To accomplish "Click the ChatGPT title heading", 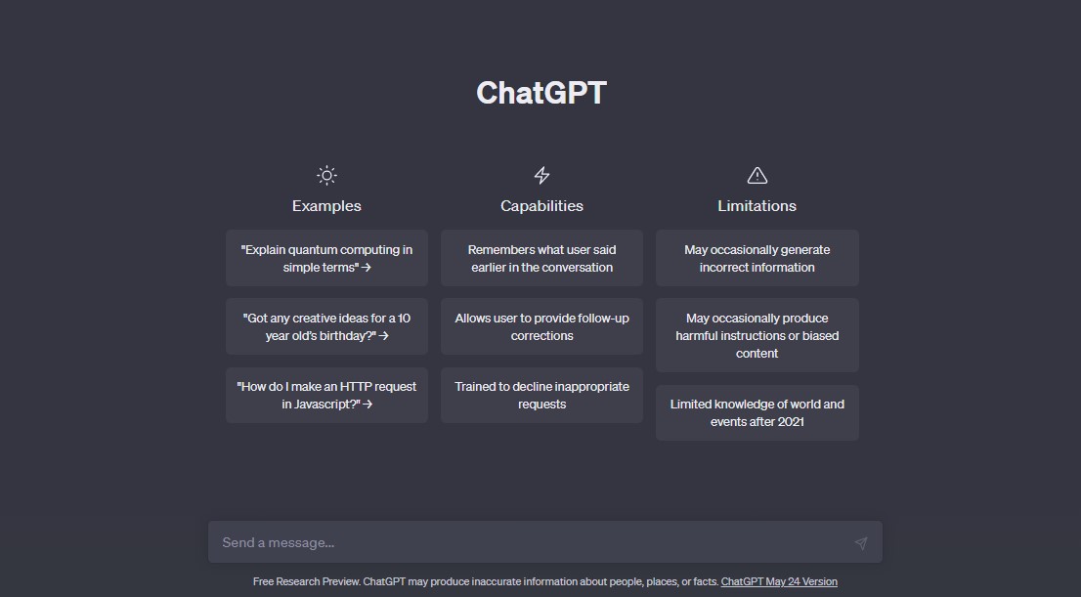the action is (541, 93).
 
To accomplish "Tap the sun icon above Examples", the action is (326, 175).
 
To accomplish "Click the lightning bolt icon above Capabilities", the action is (541, 175).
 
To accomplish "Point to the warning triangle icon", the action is (757, 176).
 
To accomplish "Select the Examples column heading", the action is (326, 206).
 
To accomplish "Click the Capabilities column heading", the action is (541, 206).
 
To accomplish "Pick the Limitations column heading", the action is (757, 206).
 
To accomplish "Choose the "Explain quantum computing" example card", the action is (326, 258).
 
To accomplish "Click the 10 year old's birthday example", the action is (326, 326).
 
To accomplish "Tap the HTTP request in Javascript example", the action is (326, 395).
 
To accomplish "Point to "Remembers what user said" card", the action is (541, 258).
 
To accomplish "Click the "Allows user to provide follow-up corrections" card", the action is (541, 326).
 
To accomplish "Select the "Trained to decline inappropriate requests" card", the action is (541, 395).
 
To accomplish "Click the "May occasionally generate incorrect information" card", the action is (757, 258).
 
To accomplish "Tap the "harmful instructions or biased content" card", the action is (757, 335).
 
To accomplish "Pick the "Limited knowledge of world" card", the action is (757, 413).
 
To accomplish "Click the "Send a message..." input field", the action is (531, 542).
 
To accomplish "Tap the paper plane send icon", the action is (861, 543).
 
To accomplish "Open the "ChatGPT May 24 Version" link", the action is (779, 581).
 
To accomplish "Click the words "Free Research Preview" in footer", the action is (306, 581).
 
